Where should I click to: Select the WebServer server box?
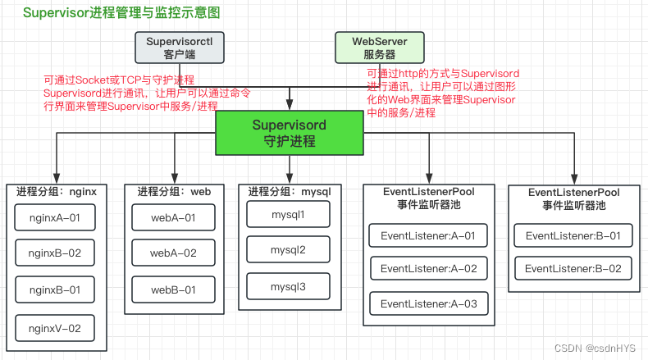tap(380, 48)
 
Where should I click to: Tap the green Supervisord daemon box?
tap(289, 133)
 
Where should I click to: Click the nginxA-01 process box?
tap(55, 217)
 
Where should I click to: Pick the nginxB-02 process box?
tap(55, 253)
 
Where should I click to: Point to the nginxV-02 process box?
tap(55, 328)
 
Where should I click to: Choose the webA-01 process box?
tap(173, 217)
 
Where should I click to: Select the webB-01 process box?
tap(173, 289)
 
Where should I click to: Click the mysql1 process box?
tap(288, 214)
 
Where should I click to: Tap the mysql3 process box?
tap(288, 287)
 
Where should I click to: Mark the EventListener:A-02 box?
tap(428, 268)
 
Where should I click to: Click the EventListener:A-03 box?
tap(428, 303)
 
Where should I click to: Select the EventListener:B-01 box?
tap(573, 236)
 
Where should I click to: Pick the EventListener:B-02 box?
tap(573, 268)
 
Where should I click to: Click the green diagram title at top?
tap(121, 14)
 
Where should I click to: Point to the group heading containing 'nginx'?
tap(56, 191)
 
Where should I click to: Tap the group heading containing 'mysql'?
tap(289, 191)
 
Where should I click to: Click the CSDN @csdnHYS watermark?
tap(596, 348)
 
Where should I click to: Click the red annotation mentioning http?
tap(443, 93)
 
